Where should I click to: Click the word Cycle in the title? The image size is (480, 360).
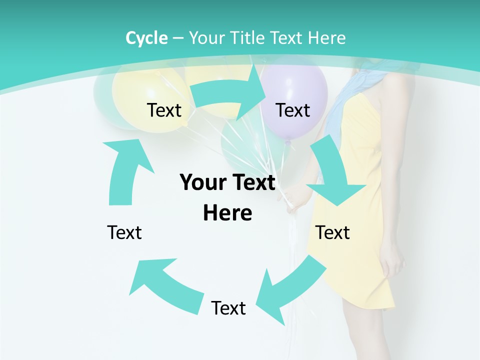pos(146,38)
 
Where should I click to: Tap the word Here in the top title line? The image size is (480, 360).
pos(326,38)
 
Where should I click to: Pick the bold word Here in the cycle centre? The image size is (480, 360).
pos(227,213)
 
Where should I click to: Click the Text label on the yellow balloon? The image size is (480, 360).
pos(164,110)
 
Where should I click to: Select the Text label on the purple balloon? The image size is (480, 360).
pos(293,110)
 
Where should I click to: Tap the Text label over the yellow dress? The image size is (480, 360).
pos(332,232)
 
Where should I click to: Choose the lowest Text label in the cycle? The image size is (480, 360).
pos(228,308)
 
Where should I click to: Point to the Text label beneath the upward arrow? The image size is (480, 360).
pos(124,232)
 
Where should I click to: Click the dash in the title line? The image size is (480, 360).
pos(178,38)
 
